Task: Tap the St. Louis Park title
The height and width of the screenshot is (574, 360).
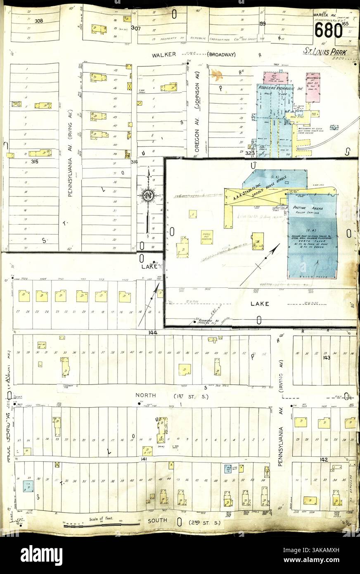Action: pos(324,52)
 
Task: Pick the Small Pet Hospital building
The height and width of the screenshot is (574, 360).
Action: pos(206,237)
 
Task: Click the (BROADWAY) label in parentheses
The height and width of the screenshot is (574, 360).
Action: pos(221,55)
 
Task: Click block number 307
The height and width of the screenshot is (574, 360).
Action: pos(135,28)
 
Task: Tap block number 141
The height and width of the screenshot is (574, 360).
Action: pos(143,459)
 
